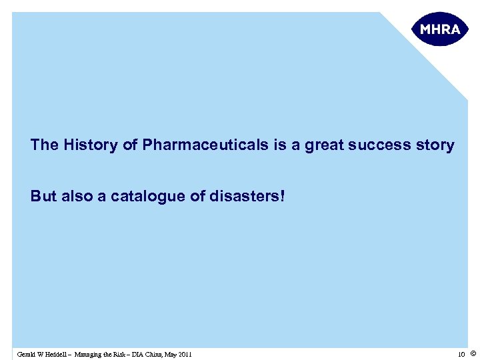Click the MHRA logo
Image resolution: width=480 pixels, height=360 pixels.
pos(440,29)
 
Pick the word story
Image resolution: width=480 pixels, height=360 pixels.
pos(437,145)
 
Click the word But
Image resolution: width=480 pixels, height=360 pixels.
pos(43,197)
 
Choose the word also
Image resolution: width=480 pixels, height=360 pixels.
pos(75,197)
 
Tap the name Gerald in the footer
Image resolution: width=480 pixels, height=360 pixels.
pos(27,354)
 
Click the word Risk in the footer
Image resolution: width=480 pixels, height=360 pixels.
pos(127,354)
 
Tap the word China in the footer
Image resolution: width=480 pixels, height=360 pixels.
pos(164,354)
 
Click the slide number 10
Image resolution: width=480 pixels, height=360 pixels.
pos(461,354)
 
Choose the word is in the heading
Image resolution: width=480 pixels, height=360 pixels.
pos(279,145)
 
